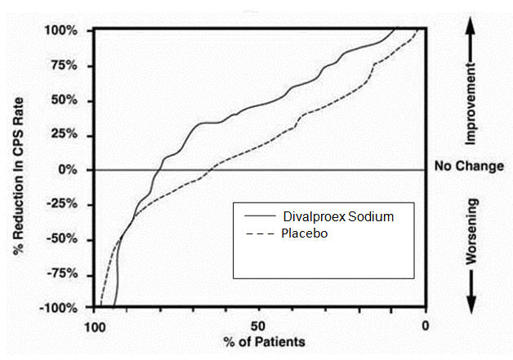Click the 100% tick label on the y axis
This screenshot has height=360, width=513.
point(61,31)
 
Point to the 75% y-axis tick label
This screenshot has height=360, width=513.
point(65,66)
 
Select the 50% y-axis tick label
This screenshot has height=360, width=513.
point(65,101)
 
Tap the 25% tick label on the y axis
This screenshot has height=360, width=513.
point(65,136)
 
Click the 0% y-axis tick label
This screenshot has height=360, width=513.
point(68,171)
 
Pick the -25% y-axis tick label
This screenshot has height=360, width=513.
point(63,205)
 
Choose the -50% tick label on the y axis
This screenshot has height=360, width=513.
point(63,240)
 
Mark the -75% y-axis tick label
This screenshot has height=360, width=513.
point(63,274)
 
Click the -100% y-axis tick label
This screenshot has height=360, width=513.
point(60,309)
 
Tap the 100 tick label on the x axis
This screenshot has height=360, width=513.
point(95,325)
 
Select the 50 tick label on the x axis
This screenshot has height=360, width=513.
point(260,325)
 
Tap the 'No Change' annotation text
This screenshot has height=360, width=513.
point(470,167)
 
